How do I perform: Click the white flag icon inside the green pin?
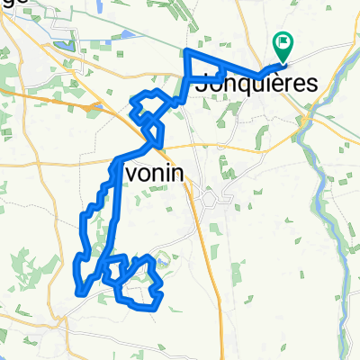[x=283, y=40]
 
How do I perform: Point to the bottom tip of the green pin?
[x=283, y=61]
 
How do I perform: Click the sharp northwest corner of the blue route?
[x=185, y=50]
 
